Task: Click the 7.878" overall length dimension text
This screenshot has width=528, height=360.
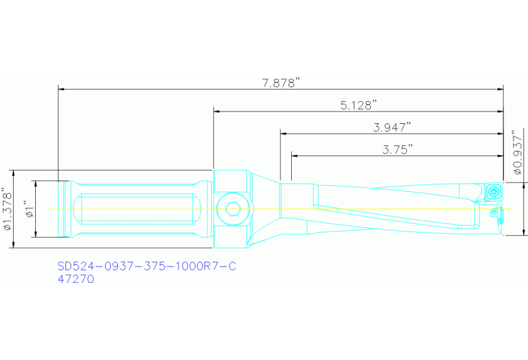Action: [x=282, y=83]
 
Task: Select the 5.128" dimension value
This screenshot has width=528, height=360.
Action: [x=359, y=105]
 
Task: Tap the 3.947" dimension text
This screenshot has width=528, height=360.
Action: [x=392, y=127]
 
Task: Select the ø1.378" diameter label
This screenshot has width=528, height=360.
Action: [x=8, y=209]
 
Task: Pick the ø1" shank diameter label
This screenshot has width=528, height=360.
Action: [x=28, y=209]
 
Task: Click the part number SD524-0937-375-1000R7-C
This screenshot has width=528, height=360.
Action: [x=145, y=266]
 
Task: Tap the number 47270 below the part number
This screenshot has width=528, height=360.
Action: [x=75, y=279]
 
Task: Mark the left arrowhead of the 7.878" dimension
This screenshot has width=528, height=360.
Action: [x=62, y=88]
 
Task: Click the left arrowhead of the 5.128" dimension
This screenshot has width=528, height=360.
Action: [x=218, y=111]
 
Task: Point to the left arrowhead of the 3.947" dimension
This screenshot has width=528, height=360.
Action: [x=284, y=134]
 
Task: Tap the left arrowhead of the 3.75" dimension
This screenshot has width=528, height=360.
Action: [x=295, y=156]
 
